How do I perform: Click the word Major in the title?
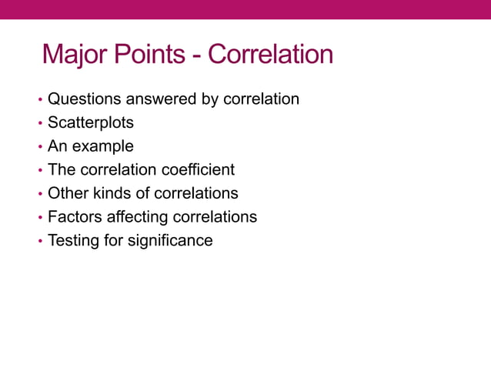tap(75, 55)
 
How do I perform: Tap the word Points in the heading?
tap(149, 55)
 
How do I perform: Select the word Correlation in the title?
tap(271, 55)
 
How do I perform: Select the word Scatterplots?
tap(90, 122)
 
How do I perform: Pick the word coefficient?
tap(199, 169)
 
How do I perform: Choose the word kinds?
tap(112, 193)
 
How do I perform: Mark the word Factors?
tap(74, 217)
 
